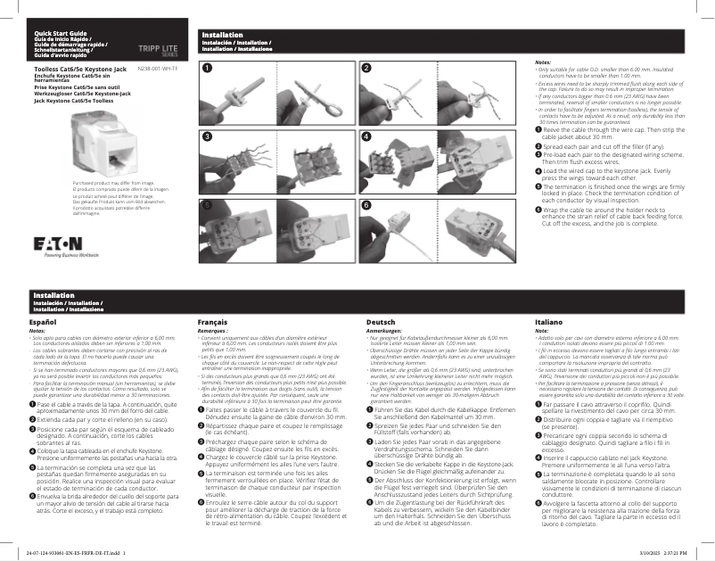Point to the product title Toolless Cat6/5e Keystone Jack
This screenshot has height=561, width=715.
(73, 68)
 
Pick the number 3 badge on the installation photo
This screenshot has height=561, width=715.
(208, 136)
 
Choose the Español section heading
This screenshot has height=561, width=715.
(44, 321)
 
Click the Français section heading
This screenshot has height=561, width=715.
(212, 321)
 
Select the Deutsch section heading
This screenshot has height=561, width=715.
(381, 321)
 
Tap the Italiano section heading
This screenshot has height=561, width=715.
(548, 321)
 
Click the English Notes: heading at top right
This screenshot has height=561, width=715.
(542, 62)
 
